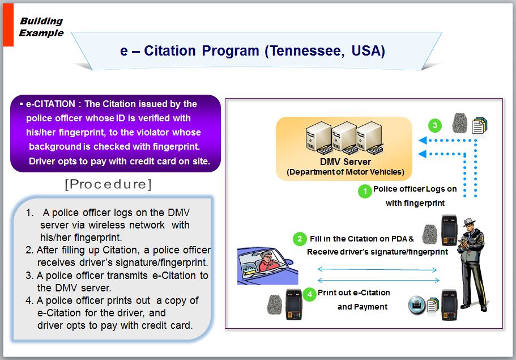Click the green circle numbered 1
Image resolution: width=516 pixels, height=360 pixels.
(365, 192)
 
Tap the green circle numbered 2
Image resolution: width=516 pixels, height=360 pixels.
(300, 239)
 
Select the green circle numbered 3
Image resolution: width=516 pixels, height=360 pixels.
(434, 125)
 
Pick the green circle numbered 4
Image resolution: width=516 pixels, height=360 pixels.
(309, 294)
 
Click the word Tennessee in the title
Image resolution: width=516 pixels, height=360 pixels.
(305, 51)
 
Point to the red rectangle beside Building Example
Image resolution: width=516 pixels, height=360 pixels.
(8, 25)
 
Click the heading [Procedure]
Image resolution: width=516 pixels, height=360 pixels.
(108, 184)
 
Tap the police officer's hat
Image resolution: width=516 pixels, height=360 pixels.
(468, 222)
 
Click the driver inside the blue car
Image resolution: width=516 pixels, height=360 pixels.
(268, 261)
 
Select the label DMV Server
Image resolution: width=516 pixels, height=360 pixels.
(345, 162)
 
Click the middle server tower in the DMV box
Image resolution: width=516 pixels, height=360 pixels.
(344, 138)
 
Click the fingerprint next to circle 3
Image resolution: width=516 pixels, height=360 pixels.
(460, 123)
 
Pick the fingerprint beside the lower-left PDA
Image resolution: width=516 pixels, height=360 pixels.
(275, 304)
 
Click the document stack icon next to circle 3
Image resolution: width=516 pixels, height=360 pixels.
(480, 125)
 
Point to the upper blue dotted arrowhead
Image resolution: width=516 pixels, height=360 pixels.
(423, 140)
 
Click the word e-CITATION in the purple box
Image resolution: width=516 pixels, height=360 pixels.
(50, 104)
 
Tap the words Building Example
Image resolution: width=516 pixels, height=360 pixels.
(41, 27)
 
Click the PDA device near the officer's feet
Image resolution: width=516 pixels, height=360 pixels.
(449, 306)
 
